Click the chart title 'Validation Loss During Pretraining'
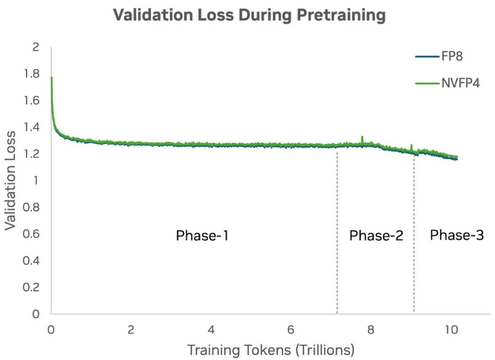click(249, 15)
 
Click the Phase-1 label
click(202, 236)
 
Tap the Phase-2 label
click(376, 236)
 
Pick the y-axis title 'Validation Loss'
click(11, 180)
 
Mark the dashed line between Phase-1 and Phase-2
click(337, 229)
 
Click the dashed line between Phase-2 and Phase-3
click(414, 229)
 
